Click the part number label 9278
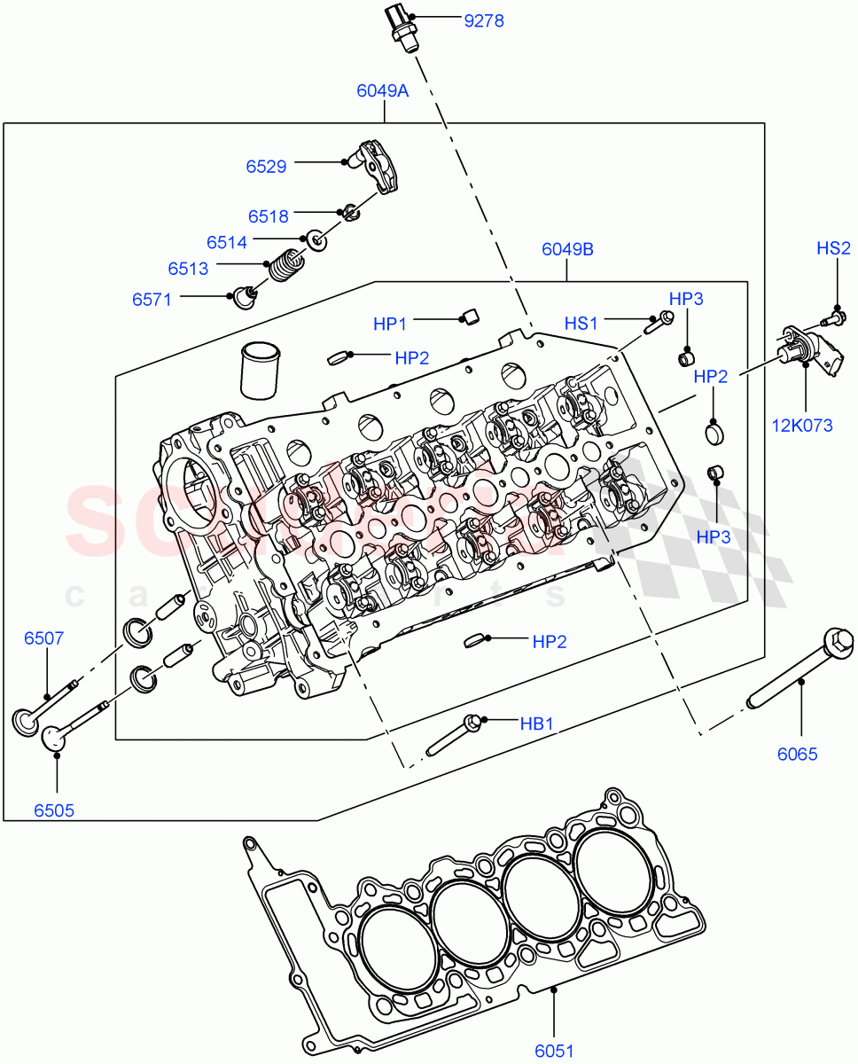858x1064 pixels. [x=483, y=20]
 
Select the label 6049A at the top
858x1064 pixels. [x=382, y=90]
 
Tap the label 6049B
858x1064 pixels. [x=567, y=249]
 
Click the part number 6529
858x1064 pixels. [x=266, y=166]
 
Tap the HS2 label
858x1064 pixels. [x=833, y=249]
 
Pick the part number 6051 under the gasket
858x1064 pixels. [x=554, y=1052]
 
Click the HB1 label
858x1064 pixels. [x=536, y=724]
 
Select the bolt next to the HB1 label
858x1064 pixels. [x=452, y=736]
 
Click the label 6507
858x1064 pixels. [x=43, y=638]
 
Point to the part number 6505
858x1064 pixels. [x=55, y=810]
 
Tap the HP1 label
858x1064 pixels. [x=390, y=325]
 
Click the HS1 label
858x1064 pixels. [x=582, y=324]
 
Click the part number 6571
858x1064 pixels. [x=152, y=300]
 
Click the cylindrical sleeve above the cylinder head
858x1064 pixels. [x=261, y=368]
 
